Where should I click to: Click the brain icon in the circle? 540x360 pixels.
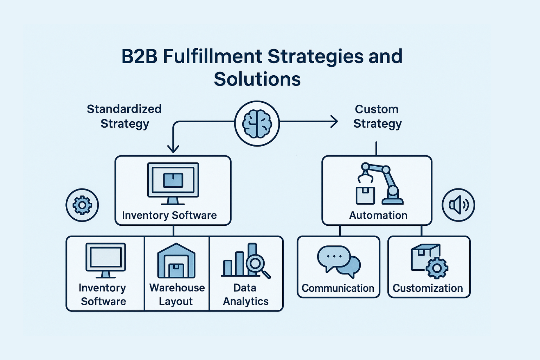point(257,123)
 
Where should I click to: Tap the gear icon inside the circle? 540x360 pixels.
point(82,205)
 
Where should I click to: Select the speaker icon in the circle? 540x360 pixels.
point(458,205)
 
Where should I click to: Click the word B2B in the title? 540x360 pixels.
point(139,57)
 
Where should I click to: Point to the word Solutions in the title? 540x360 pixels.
point(257,79)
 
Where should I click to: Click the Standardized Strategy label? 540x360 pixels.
point(124,116)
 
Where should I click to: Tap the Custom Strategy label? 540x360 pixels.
point(377,116)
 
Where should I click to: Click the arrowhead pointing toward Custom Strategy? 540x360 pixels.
point(334,122)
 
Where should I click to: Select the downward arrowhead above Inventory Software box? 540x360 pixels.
point(173,148)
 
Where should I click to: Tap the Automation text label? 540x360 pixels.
point(378,215)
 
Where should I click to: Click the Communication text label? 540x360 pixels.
point(338,288)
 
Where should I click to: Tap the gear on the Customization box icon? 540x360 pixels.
point(437,268)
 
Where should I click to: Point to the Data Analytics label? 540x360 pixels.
point(245,295)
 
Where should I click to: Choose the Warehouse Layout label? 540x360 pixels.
point(177,295)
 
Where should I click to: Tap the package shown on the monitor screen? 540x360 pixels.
point(173,180)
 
